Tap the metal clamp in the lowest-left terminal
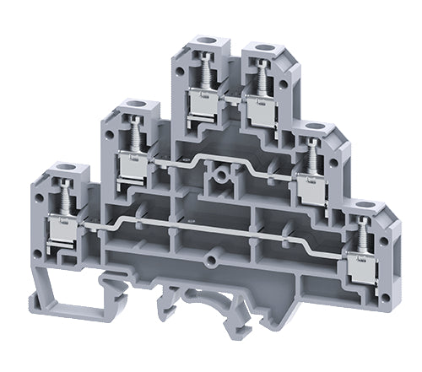coord(62,229)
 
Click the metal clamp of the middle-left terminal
coord(133,165)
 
